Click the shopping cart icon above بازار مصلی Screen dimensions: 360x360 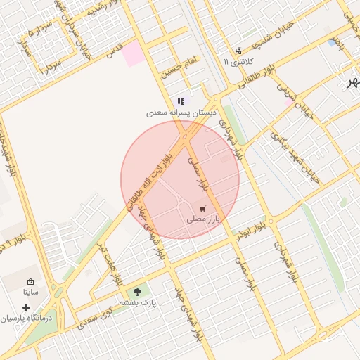tap(202, 208)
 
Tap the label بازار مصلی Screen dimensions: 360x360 tap(203, 219)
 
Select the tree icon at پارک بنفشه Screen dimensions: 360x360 tap(137, 291)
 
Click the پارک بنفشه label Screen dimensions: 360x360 tap(137, 302)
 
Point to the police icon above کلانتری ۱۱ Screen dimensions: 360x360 tap(239, 51)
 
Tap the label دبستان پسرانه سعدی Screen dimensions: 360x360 tap(181, 112)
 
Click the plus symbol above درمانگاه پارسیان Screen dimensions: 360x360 tap(27, 307)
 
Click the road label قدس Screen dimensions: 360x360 tap(113, 50)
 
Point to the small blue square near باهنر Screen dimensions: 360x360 tap(332, 43)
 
